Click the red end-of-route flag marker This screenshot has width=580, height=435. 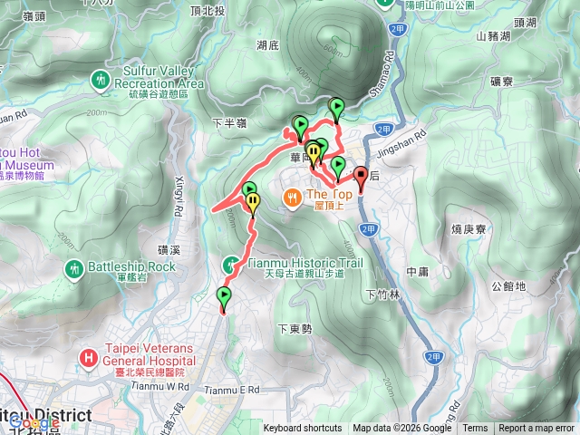pos(360,177)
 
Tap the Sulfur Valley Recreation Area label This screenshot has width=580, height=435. pos(159,77)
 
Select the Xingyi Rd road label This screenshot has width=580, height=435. pos(179,196)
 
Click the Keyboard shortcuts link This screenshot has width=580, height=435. pos(303,429)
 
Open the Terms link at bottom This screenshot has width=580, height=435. pos(475,429)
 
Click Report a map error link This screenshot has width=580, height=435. pos(536,429)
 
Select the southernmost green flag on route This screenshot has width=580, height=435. pos(224,296)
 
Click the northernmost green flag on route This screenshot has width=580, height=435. pos(337,107)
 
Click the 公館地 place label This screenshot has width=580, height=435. pos(507,287)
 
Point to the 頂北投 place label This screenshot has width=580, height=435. pos(258,11)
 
